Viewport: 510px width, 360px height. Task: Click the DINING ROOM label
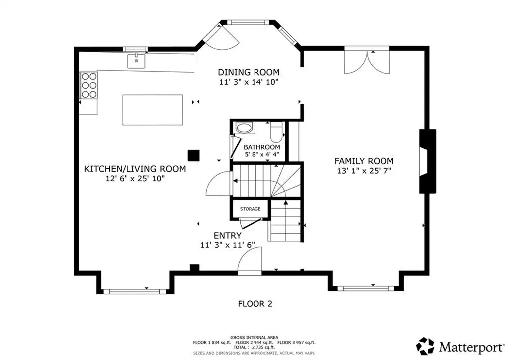(x=249, y=72)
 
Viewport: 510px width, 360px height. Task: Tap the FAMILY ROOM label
(x=364, y=161)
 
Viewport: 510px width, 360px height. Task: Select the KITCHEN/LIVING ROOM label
(x=135, y=169)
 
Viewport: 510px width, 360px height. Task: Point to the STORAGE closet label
(x=250, y=209)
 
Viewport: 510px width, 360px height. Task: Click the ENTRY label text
(x=227, y=235)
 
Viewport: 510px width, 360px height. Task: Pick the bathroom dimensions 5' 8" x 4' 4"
(x=262, y=155)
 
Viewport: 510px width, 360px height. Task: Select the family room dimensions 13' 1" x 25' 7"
(x=364, y=171)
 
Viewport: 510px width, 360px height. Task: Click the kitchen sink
(x=136, y=61)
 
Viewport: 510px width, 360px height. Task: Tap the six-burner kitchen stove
(x=89, y=85)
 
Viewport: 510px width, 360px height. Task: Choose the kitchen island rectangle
(x=152, y=110)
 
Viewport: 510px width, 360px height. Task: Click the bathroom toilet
(x=276, y=133)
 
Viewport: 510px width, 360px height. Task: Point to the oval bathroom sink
(x=244, y=128)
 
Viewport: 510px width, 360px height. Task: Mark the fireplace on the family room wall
(x=427, y=161)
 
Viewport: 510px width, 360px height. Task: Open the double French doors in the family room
(x=367, y=62)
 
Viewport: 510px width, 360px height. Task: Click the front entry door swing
(x=250, y=260)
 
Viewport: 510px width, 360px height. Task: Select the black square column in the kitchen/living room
(x=194, y=155)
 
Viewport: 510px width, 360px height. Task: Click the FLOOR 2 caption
(x=255, y=304)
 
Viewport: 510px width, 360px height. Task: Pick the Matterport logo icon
(x=425, y=346)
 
